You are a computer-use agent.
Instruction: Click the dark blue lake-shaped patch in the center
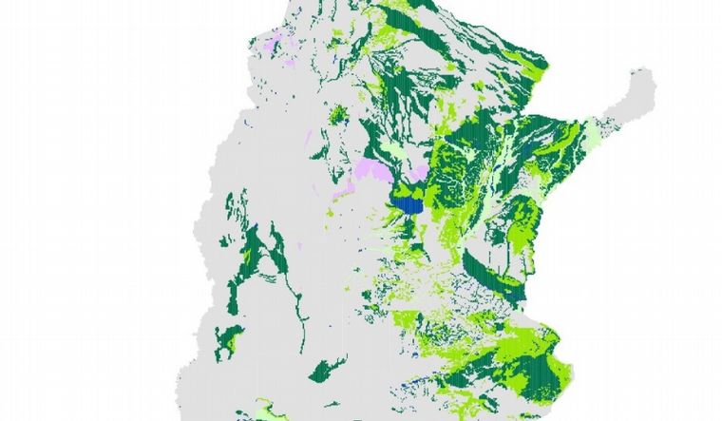click(409, 202)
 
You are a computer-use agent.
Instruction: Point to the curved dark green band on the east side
click(494, 276)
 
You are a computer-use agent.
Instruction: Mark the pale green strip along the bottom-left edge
click(256, 411)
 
